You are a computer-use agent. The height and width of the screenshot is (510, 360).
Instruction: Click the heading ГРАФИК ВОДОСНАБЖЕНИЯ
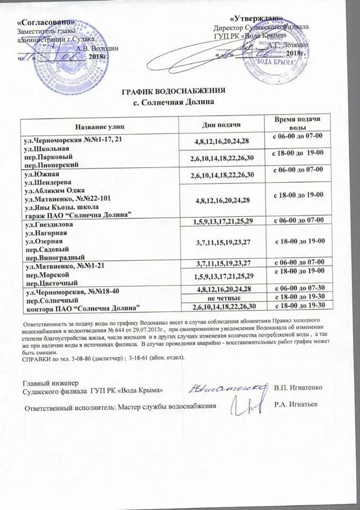click(x=174, y=89)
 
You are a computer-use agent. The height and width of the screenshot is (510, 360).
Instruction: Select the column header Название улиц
click(x=99, y=126)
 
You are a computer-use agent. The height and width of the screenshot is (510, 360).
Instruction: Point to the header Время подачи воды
click(x=297, y=124)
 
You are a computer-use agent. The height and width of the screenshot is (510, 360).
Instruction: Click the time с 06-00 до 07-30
click(x=297, y=290)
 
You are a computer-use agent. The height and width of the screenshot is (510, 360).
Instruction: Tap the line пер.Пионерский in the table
click(x=51, y=165)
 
